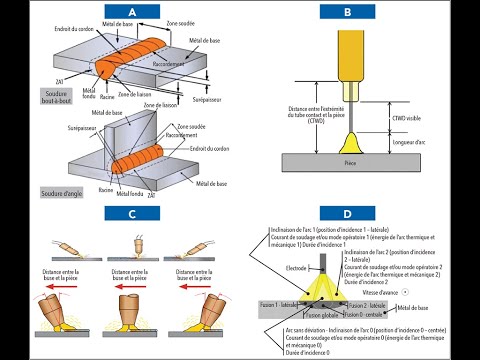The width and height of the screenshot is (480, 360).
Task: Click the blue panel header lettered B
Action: click(347, 13)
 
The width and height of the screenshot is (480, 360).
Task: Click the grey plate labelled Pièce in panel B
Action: click(349, 160)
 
